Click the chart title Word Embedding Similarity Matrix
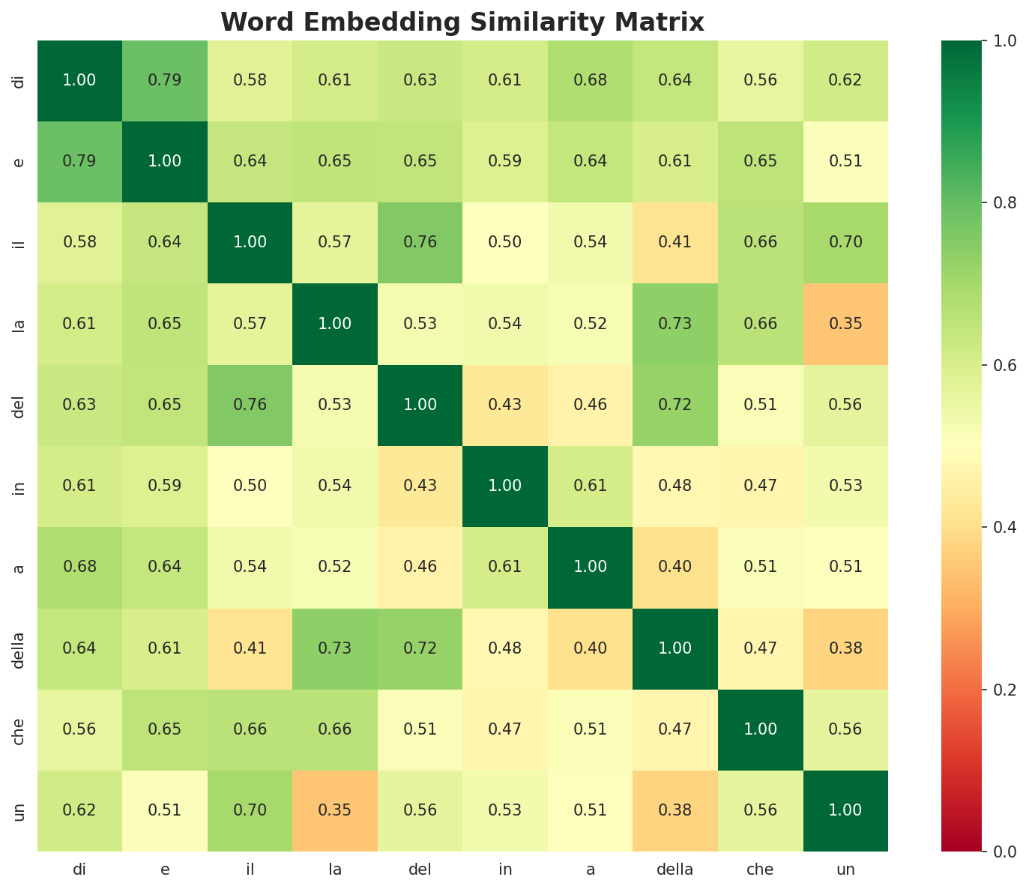462,22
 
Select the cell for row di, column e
164,80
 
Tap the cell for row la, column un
845,324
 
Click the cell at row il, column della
675,242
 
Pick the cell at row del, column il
250,405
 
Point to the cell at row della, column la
335,648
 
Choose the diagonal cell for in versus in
505,486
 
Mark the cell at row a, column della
675,567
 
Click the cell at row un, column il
250,810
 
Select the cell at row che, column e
164,729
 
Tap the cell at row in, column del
420,486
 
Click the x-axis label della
675,870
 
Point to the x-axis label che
761,870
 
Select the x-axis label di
79,870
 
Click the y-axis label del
20,405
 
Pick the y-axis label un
20,810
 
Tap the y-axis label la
20,324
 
